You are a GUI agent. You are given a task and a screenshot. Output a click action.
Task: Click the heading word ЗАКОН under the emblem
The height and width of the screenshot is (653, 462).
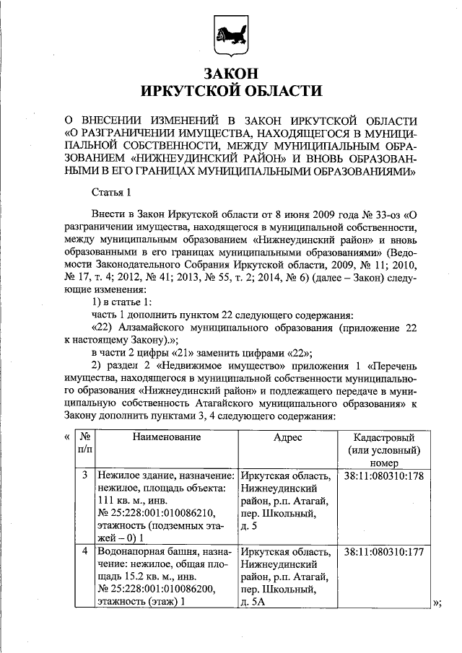click(231, 73)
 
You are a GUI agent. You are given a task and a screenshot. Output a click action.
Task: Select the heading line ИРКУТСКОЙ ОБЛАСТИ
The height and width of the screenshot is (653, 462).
click(231, 90)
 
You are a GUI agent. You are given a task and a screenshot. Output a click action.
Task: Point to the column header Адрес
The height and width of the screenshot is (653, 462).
click(287, 437)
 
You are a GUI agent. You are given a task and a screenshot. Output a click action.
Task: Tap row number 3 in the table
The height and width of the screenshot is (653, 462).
click(84, 475)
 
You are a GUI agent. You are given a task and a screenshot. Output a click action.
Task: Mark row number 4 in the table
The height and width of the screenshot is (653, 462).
click(84, 552)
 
